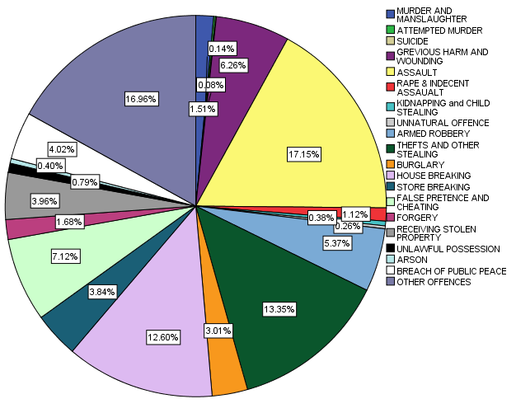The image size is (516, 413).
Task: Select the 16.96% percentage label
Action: (142, 98)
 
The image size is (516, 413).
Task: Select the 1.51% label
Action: (203, 108)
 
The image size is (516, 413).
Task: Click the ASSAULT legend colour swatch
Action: (390, 71)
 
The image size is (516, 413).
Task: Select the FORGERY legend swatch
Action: (390, 217)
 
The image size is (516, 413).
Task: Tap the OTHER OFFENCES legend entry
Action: (434, 282)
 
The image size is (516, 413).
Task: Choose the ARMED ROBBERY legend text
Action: (434, 133)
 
